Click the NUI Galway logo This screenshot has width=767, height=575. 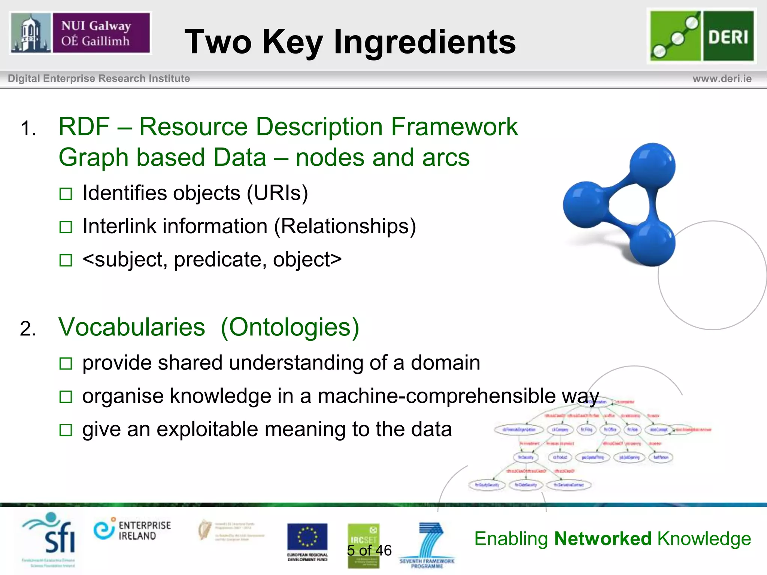click(x=80, y=33)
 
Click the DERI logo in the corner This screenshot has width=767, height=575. click(x=702, y=36)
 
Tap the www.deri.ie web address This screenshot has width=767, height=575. click(x=722, y=79)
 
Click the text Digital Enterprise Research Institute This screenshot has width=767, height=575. click(x=99, y=79)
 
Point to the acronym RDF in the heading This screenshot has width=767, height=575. click(x=84, y=127)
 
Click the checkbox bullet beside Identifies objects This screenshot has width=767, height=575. click(x=66, y=194)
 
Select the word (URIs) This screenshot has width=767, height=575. click(x=277, y=193)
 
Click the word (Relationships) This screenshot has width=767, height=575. click(x=345, y=226)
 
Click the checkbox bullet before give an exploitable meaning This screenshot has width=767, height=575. click(x=66, y=430)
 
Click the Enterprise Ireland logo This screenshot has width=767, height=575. click(x=132, y=530)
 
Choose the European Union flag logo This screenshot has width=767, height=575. click(x=307, y=537)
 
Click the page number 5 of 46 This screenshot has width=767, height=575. click(x=369, y=550)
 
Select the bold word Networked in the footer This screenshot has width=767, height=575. click(x=603, y=539)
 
